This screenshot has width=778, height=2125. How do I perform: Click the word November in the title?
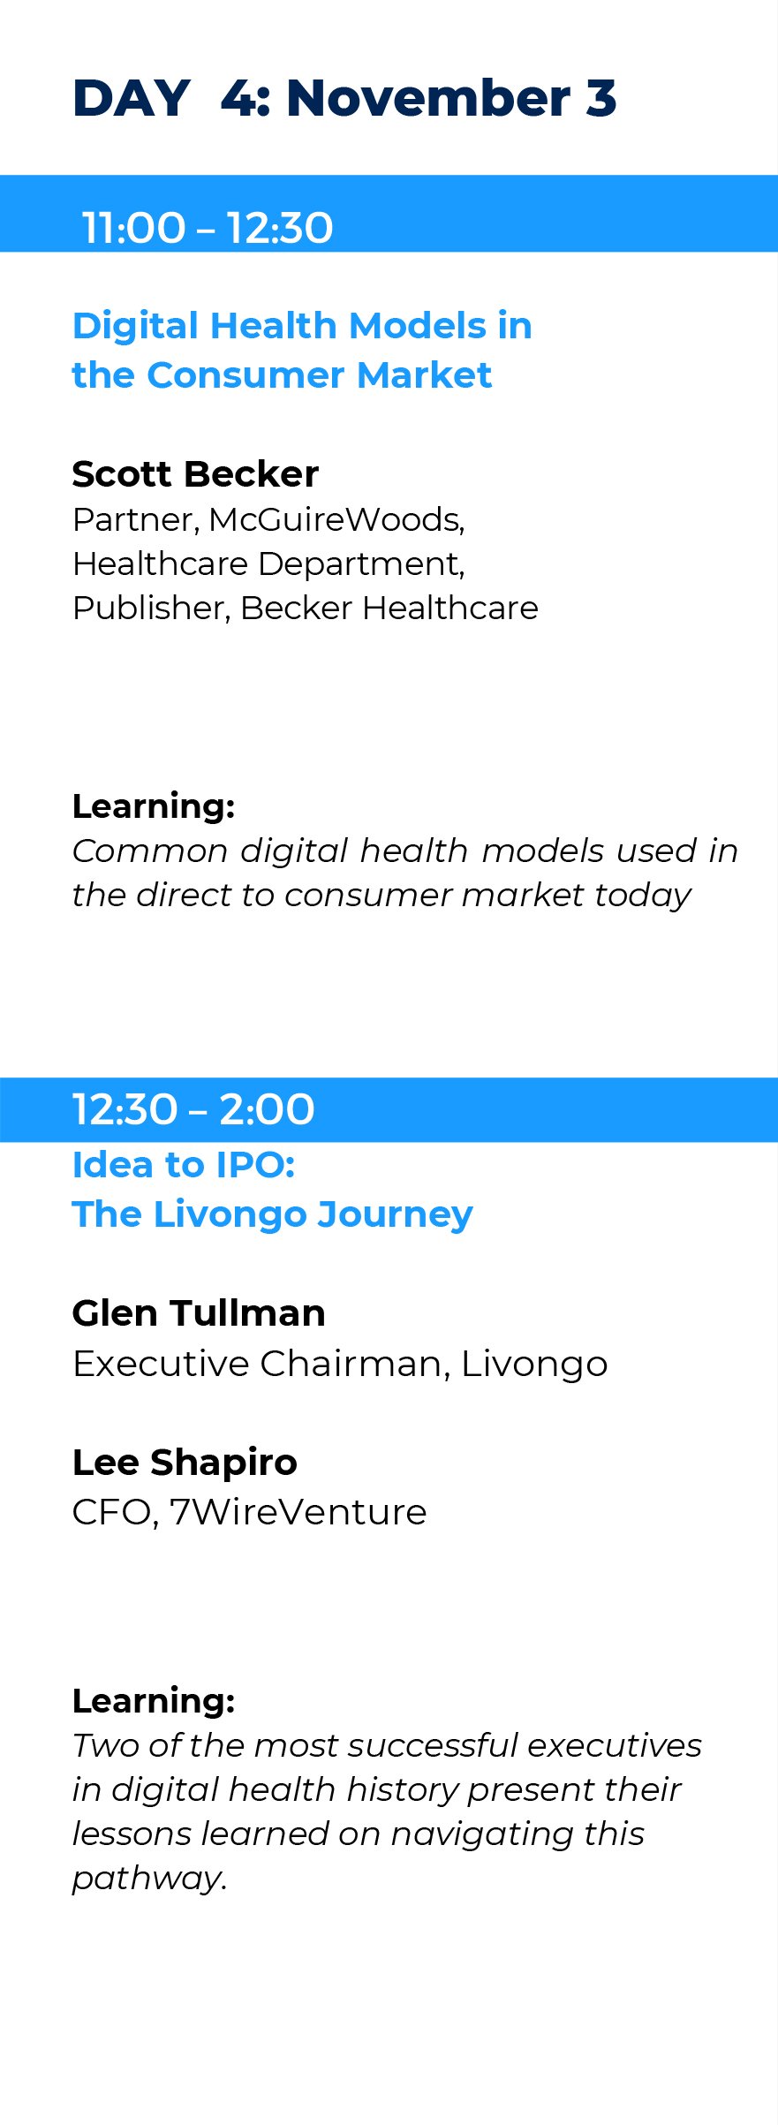(428, 98)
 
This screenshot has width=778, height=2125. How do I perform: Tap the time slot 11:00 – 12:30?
(208, 228)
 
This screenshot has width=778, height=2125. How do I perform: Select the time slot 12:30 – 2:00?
(193, 1109)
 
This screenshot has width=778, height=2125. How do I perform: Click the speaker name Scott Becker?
(195, 474)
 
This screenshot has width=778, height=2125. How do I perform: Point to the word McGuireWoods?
(336, 520)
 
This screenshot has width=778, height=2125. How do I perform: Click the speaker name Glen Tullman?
(199, 1313)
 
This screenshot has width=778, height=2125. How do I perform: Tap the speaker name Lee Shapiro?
(185, 1463)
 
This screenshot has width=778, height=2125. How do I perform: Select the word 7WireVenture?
(298, 1512)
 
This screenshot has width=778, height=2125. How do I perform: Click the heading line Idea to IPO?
(184, 1165)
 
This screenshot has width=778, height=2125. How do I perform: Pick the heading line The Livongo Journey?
(273, 1215)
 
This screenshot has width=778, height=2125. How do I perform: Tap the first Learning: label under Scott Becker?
(154, 806)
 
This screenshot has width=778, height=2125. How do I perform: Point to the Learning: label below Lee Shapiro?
(154, 1701)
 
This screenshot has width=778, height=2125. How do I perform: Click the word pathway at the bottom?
(147, 1879)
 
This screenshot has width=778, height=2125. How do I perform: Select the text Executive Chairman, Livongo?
(340, 1364)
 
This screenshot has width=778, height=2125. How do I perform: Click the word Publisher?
(150, 609)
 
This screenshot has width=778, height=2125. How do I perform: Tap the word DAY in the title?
(132, 98)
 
